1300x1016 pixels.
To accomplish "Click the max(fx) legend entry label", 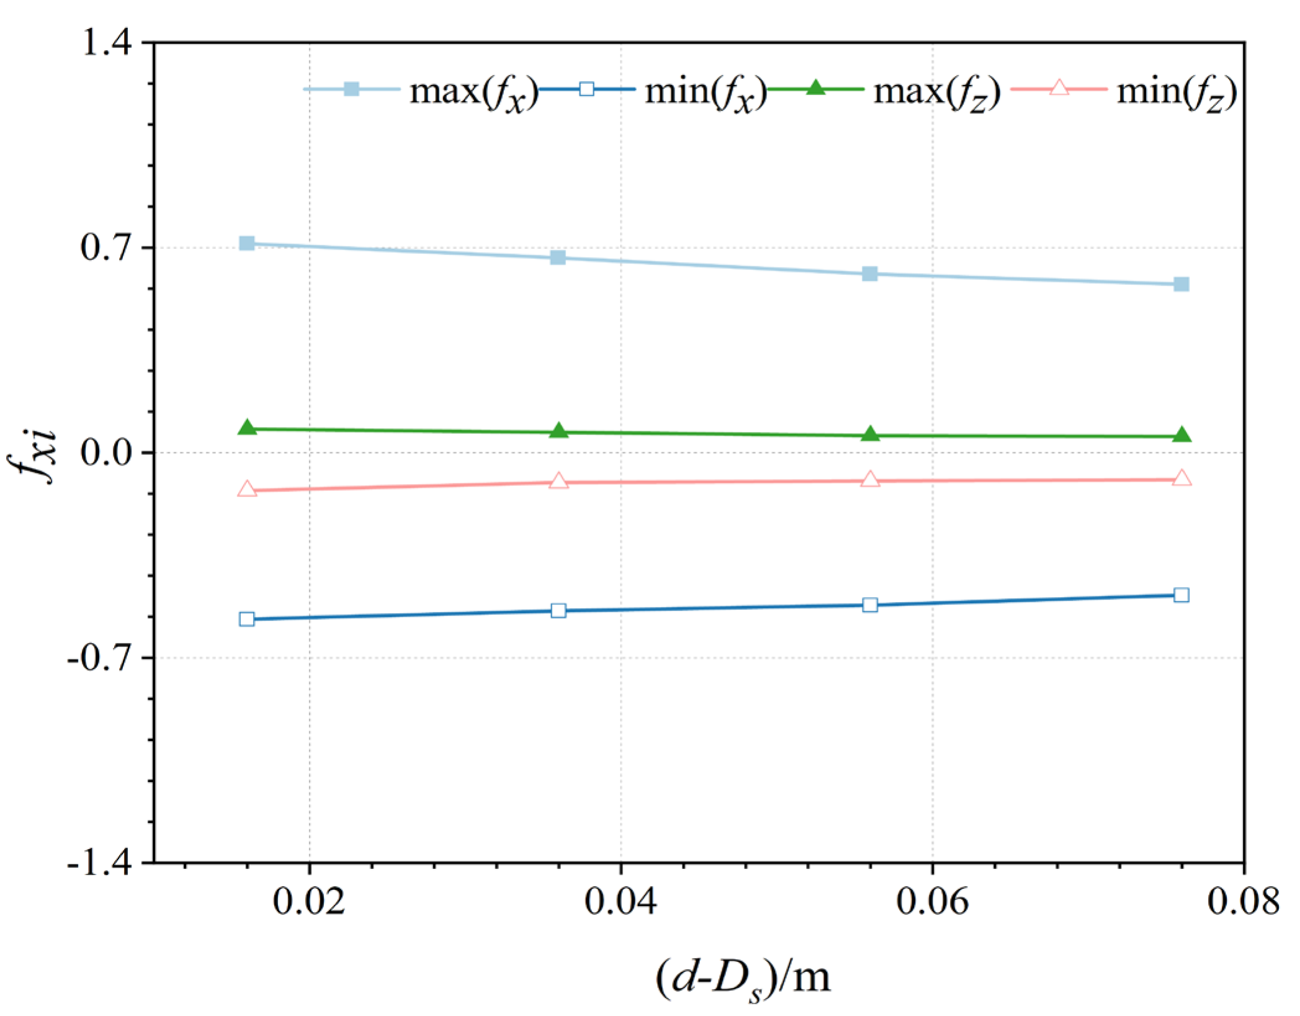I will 473,92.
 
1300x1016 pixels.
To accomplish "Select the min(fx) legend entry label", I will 706,92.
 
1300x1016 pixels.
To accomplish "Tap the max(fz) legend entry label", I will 937,92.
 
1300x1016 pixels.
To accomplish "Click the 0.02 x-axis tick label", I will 309,901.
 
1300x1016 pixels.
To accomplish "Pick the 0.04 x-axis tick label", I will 621,901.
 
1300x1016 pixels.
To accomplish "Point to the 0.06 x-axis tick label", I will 932,901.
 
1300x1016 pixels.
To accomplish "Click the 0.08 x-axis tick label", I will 1243,901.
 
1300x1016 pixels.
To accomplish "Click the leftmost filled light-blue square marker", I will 247,243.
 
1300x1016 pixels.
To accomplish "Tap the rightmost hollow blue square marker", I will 1181,595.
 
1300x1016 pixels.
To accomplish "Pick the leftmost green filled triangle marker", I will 248,428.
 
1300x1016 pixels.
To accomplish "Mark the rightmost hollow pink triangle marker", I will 1181,479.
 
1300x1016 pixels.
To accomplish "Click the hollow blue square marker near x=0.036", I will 558,611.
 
